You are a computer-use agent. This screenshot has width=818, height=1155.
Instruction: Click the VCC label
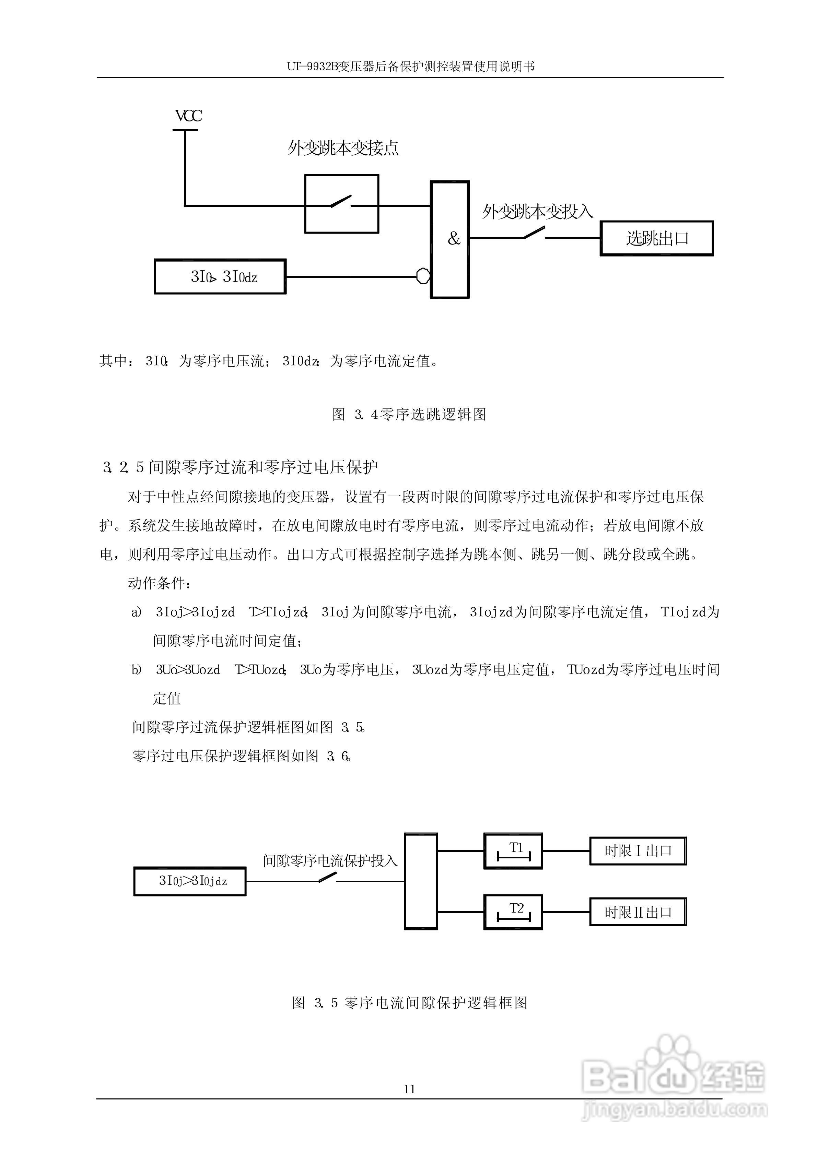point(188,116)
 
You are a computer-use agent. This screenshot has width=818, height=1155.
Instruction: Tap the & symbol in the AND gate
point(454,239)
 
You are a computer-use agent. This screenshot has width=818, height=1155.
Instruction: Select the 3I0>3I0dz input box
point(220,277)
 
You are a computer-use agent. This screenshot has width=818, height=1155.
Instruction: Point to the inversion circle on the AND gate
point(423,276)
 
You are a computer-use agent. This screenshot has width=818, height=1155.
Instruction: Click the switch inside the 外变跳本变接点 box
point(341,203)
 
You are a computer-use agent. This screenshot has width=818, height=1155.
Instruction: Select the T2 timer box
point(513,912)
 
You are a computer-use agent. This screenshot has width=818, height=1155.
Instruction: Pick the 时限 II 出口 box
point(638,912)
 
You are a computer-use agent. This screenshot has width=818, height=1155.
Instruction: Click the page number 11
point(409,1089)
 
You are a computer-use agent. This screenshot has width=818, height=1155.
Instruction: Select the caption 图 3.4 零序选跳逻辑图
point(409,415)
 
